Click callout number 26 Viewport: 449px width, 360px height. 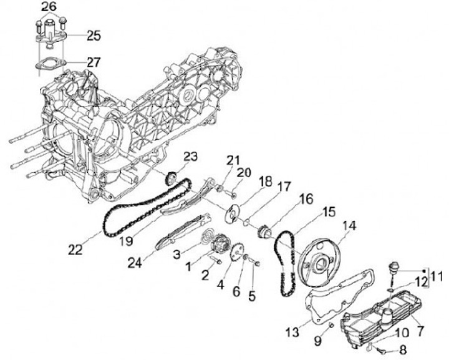point(49,7)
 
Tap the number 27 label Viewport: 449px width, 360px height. point(92,62)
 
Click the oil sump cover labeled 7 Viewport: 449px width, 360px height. point(368,321)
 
